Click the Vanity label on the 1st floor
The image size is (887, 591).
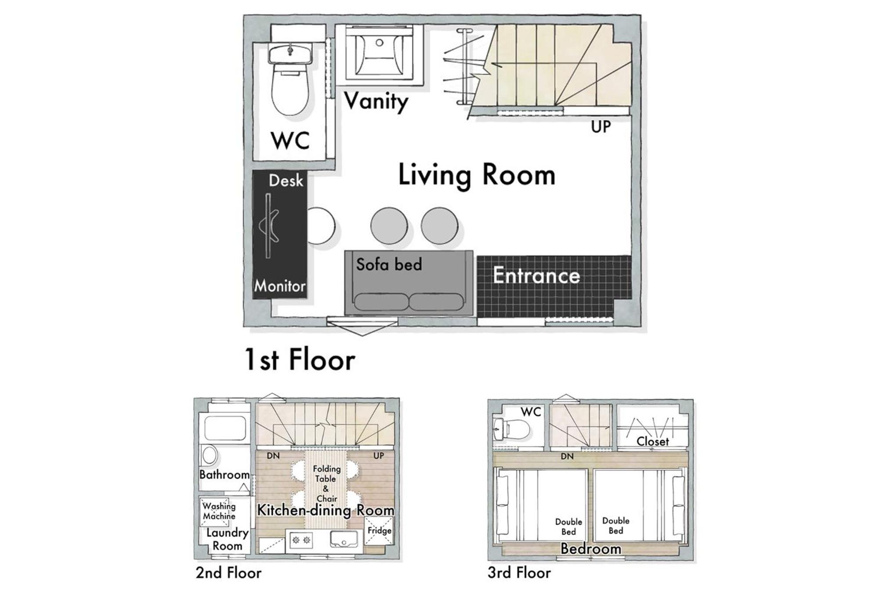pyautogui.click(x=376, y=102)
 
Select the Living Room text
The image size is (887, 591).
pyautogui.click(x=477, y=175)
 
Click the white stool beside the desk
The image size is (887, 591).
pyautogui.click(x=322, y=226)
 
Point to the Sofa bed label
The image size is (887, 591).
pyautogui.click(x=389, y=264)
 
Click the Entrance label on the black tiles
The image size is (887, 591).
pyautogui.click(x=536, y=276)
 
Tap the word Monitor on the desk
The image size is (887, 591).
pyautogui.click(x=280, y=286)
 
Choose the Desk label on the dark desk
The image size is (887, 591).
pyautogui.click(x=286, y=180)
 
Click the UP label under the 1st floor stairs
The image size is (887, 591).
pyautogui.click(x=601, y=127)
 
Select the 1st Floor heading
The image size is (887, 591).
pyautogui.click(x=300, y=360)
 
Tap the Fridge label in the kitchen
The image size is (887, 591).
pyautogui.click(x=379, y=530)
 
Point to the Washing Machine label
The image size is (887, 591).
pyautogui.click(x=219, y=511)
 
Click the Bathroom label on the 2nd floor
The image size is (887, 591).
pyautogui.click(x=224, y=474)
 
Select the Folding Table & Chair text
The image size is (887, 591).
pyautogui.click(x=326, y=483)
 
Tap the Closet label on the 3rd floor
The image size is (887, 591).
pyautogui.click(x=653, y=441)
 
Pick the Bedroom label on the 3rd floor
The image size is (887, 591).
pyautogui.click(x=591, y=549)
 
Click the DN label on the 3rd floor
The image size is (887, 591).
pyautogui.click(x=567, y=457)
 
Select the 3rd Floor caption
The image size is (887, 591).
pyautogui.click(x=519, y=573)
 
